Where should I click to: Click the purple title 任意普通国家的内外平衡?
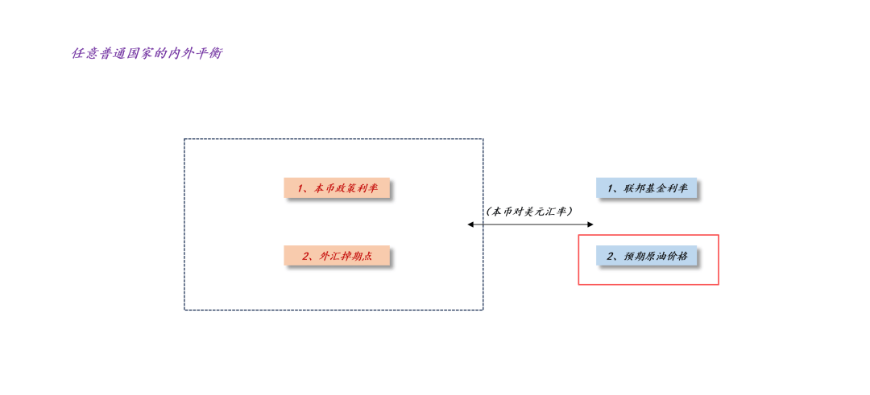point(147,54)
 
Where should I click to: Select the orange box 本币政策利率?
point(337,187)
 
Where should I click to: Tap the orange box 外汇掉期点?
point(337,255)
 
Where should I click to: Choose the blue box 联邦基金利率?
point(646,187)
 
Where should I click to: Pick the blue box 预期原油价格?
point(646,255)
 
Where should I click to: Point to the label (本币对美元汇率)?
point(528,211)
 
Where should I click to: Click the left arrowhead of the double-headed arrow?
point(470,224)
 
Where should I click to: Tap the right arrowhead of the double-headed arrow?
point(590,224)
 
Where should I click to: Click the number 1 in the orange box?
point(300,188)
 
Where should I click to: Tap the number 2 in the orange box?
point(305,256)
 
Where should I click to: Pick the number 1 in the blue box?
point(611,188)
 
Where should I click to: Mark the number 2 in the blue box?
point(611,256)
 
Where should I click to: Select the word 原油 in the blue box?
point(657,256)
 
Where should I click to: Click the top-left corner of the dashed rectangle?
point(184,139)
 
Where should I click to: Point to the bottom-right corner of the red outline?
point(719,284)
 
